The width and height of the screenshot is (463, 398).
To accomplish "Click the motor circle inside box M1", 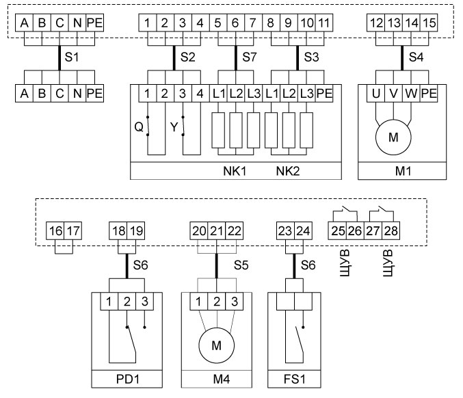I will [x=393, y=137].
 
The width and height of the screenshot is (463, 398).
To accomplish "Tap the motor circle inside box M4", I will [x=217, y=346].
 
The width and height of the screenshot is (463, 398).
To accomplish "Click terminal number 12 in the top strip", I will [x=375, y=23].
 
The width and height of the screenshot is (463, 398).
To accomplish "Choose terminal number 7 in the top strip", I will [x=252, y=23].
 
